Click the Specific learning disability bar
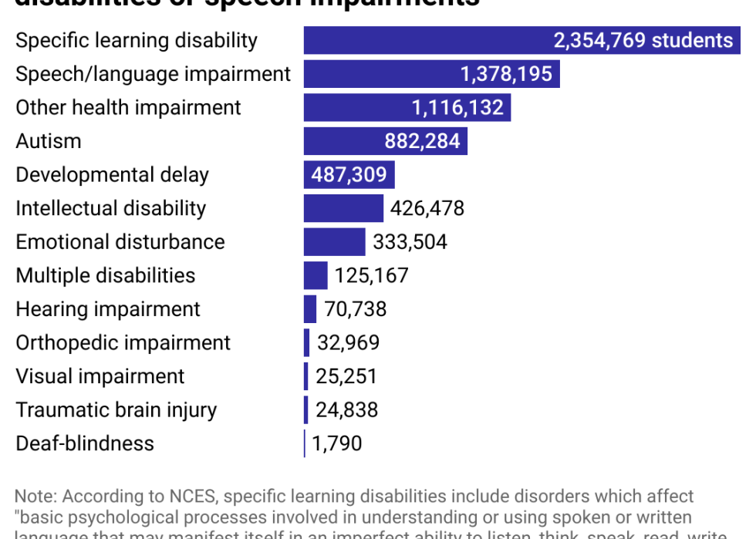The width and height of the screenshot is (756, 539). (x=424, y=40)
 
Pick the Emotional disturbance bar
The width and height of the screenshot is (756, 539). (x=334, y=242)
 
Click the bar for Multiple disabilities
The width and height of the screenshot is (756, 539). (x=316, y=275)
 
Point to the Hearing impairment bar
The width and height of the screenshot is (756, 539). (x=310, y=309)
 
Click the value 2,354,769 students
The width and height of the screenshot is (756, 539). (x=643, y=40)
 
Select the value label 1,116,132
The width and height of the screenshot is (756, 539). (x=457, y=108)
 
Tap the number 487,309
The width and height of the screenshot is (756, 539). (x=349, y=175)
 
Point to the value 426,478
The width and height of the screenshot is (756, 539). (x=427, y=208)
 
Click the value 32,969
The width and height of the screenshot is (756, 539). (x=347, y=342)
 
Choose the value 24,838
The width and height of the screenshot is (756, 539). (x=346, y=409)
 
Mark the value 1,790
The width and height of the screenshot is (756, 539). (x=337, y=443)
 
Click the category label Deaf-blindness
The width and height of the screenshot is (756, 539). (x=85, y=443)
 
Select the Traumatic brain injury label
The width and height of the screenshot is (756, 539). (x=116, y=409)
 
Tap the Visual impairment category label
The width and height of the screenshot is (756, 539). (x=100, y=376)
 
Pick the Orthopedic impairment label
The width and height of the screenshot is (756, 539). (x=123, y=342)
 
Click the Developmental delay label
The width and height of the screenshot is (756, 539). (x=113, y=175)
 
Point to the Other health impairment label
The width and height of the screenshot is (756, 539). (x=129, y=108)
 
